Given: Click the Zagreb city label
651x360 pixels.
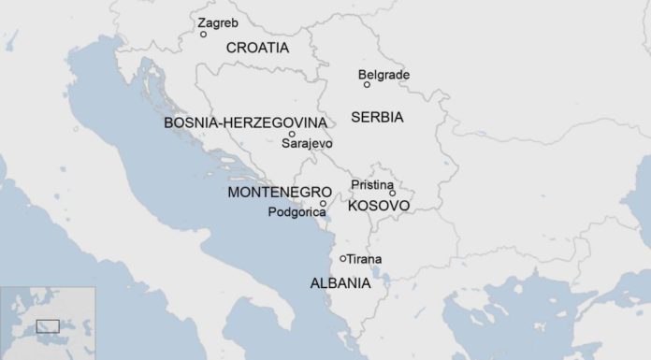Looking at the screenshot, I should pyautogui.click(x=218, y=22).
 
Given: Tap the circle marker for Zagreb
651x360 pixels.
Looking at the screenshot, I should pyautogui.click(x=204, y=35).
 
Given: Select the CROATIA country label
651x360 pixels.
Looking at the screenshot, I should pyautogui.click(x=257, y=47).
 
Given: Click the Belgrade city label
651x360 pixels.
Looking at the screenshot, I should pyautogui.click(x=383, y=75).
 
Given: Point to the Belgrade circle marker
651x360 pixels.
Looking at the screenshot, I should pyautogui.click(x=367, y=85).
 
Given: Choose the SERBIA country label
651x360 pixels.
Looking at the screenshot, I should pyautogui.click(x=377, y=118).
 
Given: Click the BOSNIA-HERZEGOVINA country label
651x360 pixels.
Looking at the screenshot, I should pyautogui.click(x=245, y=123).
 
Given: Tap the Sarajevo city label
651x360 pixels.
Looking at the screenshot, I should pyautogui.click(x=307, y=144).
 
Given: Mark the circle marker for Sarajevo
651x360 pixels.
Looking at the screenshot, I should pyautogui.click(x=292, y=134).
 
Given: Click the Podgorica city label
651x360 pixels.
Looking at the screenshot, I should pyautogui.click(x=297, y=213).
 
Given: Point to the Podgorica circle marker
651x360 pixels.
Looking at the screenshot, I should pyautogui.click(x=324, y=203).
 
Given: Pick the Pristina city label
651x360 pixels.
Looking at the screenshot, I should pyautogui.click(x=372, y=185).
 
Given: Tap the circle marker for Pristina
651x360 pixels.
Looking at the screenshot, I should pyautogui.click(x=393, y=194).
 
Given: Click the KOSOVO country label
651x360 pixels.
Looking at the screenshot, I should pyautogui.click(x=379, y=206).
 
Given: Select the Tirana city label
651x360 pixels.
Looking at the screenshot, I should pyautogui.click(x=365, y=259).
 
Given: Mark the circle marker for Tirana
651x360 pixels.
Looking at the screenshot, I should pyautogui.click(x=343, y=258).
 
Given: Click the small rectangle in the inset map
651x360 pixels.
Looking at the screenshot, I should pyautogui.click(x=48, y=325).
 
